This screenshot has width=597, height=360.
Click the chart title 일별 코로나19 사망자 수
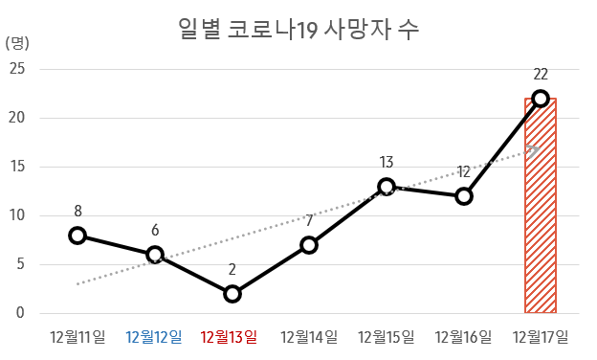298,29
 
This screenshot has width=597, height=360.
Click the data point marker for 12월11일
77,235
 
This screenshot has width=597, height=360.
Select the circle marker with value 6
155,255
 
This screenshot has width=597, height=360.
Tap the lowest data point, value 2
232,293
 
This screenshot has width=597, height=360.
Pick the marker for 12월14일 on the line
309,245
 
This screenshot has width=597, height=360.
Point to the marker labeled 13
387,187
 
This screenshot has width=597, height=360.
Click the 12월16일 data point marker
464,196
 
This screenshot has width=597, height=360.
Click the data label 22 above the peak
541,75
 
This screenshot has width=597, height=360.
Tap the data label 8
77,211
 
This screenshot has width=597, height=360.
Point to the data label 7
309,221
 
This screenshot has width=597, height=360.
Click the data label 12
464,172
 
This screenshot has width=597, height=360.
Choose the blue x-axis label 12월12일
155,336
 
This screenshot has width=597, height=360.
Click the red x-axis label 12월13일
232,336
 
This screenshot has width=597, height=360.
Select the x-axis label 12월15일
387,336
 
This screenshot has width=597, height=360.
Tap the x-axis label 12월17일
541,336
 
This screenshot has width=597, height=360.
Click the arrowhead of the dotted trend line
533,150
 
